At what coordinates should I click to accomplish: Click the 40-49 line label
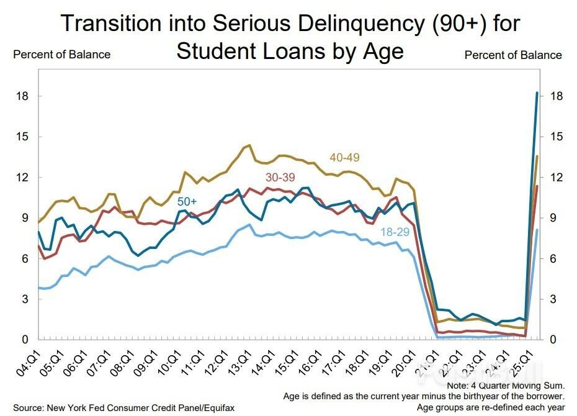pyautogui.click(x=344, y=158)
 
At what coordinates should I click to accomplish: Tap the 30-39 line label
pyautogui.click(x=280, y=178)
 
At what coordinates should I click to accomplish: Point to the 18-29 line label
pyautogui.click(x=395, y=232)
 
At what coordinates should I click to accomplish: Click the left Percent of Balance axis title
pyautogui.click(x=61, y=55)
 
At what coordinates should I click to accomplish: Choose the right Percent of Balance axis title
pyautogui.click(x=513, y=55)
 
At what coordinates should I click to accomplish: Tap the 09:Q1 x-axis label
pyautogui.click(x=153, y=363)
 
